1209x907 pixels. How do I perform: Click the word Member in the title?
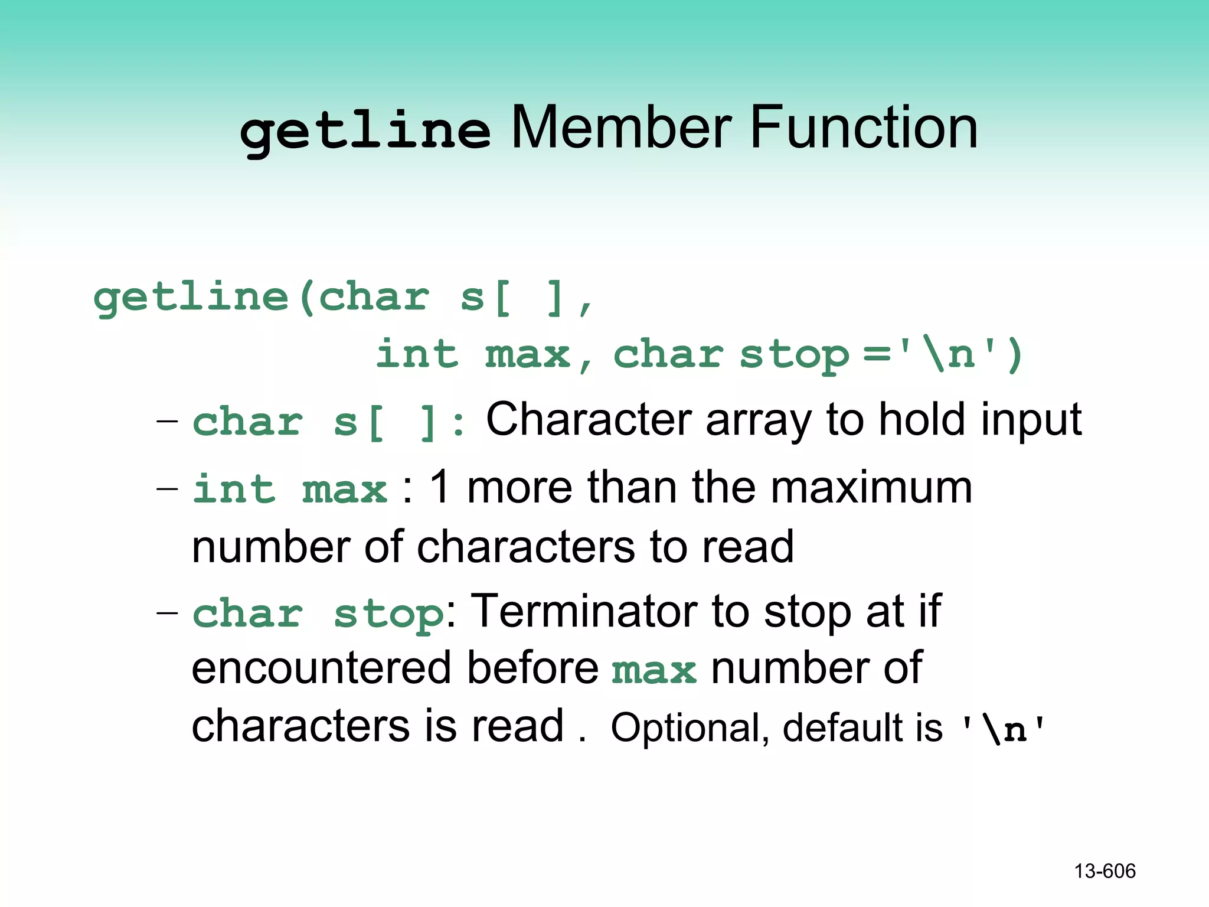point(621,128)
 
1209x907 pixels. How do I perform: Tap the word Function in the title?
point(863,128)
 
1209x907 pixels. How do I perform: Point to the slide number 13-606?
point(1105,871)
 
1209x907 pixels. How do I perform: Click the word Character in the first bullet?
point(589,419)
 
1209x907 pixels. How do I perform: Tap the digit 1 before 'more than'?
point(440,488)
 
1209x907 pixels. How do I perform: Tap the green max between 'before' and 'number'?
point(654,671)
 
